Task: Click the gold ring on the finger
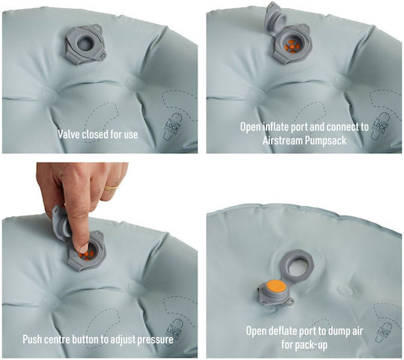point(111,187)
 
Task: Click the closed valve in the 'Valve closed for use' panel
point(85,44)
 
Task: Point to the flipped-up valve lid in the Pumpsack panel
point(275,19)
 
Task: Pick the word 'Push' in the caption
point(32,339)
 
